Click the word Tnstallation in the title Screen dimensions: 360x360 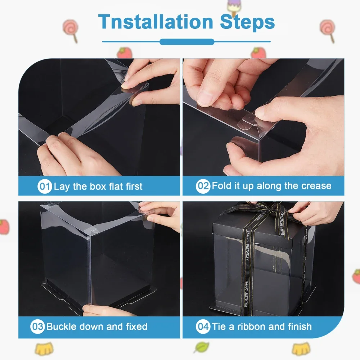156,22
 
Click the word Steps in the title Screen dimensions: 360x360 247,22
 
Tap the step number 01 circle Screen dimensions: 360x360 45,186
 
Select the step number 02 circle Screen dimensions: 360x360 203,186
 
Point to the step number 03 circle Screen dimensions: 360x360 37,327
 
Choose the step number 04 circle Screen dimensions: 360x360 203,327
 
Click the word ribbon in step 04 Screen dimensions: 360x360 251,327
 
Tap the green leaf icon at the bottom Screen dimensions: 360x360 202,347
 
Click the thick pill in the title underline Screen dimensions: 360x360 187,42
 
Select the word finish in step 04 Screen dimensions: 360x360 299,327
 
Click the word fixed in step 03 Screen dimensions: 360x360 136,326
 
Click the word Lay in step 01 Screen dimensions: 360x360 62,187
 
